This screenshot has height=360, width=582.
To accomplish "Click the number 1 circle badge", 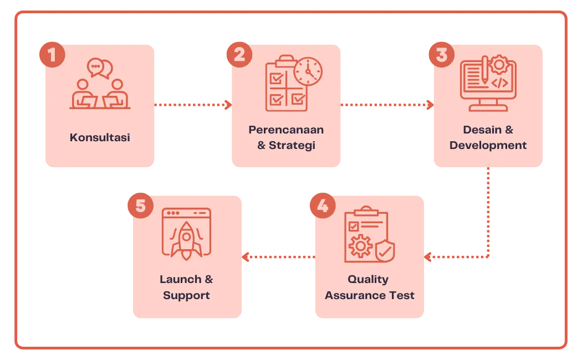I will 51,55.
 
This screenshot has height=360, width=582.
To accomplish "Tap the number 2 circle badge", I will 239,55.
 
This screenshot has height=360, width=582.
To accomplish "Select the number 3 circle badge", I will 441,55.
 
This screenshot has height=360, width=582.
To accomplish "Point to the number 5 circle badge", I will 140,205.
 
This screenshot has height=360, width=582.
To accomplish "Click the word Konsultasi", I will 100,137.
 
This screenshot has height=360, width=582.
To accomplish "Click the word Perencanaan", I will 286,130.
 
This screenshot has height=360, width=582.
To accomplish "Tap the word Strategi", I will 292,146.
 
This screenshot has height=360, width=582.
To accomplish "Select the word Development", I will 488,146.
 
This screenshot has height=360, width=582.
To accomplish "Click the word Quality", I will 368,279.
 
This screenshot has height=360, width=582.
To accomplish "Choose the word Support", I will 186,295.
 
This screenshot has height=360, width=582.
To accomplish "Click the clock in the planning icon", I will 308,71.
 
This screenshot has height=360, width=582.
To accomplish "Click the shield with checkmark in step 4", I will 385,250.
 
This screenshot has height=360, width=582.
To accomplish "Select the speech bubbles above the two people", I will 100,68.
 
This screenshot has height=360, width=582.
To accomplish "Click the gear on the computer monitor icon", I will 499,65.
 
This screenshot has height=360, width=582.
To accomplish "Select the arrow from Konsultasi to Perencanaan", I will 192,104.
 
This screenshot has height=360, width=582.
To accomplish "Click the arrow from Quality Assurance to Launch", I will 279,257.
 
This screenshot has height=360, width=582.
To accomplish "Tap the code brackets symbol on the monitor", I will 499,83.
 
